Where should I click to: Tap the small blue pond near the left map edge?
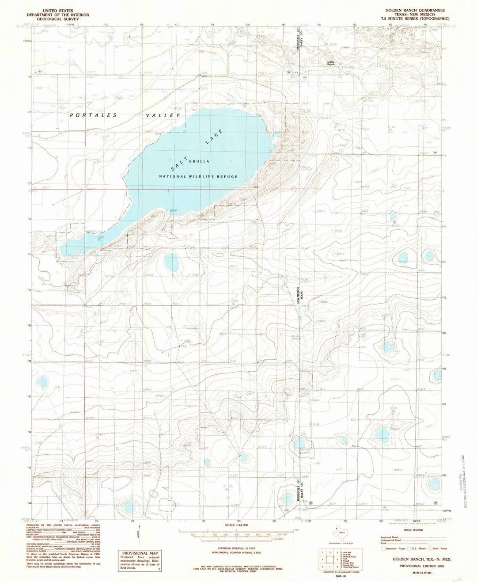coord(43,380)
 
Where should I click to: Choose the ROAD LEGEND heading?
coord(413,530)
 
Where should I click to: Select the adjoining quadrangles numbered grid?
coord(330,559)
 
